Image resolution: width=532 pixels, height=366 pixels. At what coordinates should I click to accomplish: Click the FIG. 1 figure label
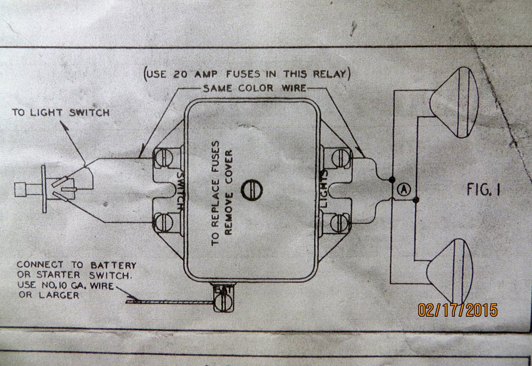pos(483,190)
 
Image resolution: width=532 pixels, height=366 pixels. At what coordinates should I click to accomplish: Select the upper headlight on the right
pos(454,103)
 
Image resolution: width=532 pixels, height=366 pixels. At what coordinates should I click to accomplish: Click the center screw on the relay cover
pos(251,190)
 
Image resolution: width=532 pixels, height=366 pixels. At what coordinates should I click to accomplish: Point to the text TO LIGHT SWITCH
pos(61,112)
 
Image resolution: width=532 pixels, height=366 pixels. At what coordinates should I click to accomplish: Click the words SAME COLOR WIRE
pos(254,88)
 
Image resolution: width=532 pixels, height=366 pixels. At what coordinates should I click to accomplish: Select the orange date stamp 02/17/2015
pos(457,310)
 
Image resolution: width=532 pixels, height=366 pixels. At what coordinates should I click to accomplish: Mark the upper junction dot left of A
pos(392,180)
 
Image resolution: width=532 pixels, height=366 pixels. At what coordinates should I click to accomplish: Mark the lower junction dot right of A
pos(415,200)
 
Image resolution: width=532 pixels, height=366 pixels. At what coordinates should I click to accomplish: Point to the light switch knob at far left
pos(20,190)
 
